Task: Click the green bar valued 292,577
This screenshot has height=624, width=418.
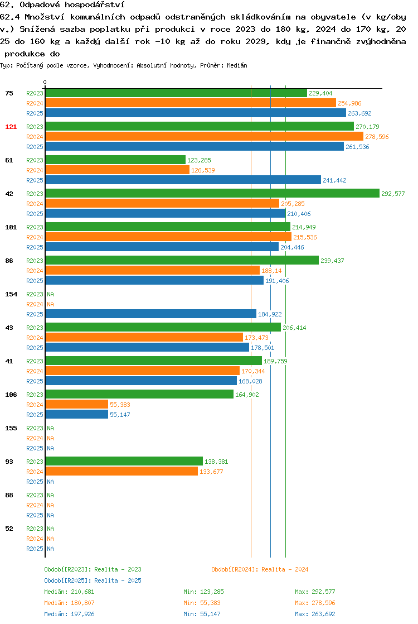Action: (x=212, y=194)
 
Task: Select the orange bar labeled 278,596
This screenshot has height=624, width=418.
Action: (x=205, y=137)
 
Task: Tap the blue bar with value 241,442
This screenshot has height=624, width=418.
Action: (x=183, y=180)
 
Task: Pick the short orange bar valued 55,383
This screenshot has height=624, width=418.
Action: (x=77, y=404)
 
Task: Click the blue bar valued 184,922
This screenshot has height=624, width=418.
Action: (x=151, y=314)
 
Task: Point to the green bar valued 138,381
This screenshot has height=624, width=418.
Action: (x=124, y=461)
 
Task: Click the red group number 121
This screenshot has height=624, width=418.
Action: (x=11, y=127)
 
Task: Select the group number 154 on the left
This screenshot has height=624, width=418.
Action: (x=11, y=294)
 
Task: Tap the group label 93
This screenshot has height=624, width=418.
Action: (x=9, y=462)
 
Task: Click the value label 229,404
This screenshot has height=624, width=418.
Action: (x=320, y=93)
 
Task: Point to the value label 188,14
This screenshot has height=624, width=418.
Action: (x=271, y=271)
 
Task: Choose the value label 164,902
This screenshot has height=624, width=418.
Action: (x=247, y=395)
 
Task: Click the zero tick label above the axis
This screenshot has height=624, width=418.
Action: (x=45, y=82)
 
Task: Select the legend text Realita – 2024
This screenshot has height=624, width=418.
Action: (x=285, y=569)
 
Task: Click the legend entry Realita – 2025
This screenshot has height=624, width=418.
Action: (x=118, y=580)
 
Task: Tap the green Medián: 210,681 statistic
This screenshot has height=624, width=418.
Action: (x=69, y=592)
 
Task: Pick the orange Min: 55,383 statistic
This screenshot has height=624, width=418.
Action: (x=202, y=603)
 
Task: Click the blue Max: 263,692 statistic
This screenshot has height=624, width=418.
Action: (x=315, y=614)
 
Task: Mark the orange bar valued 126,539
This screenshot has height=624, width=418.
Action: (x=118, y=170)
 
